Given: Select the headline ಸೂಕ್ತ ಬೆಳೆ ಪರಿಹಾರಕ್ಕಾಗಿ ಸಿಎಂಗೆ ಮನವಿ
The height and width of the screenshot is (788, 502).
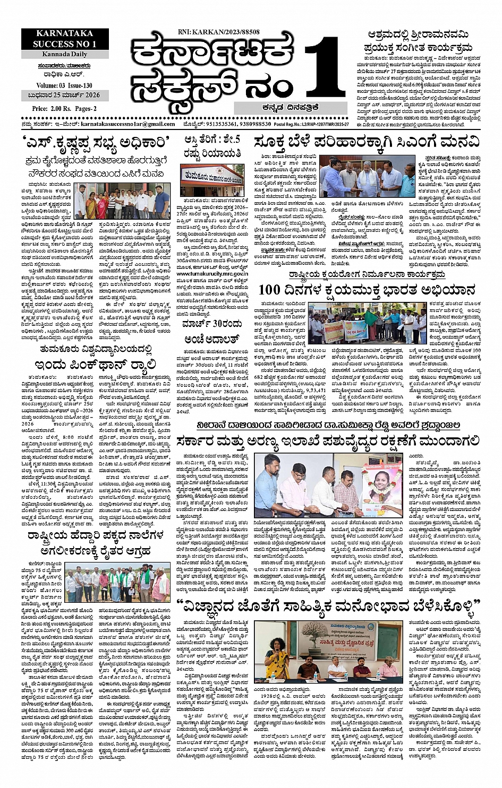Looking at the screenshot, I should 367,142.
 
